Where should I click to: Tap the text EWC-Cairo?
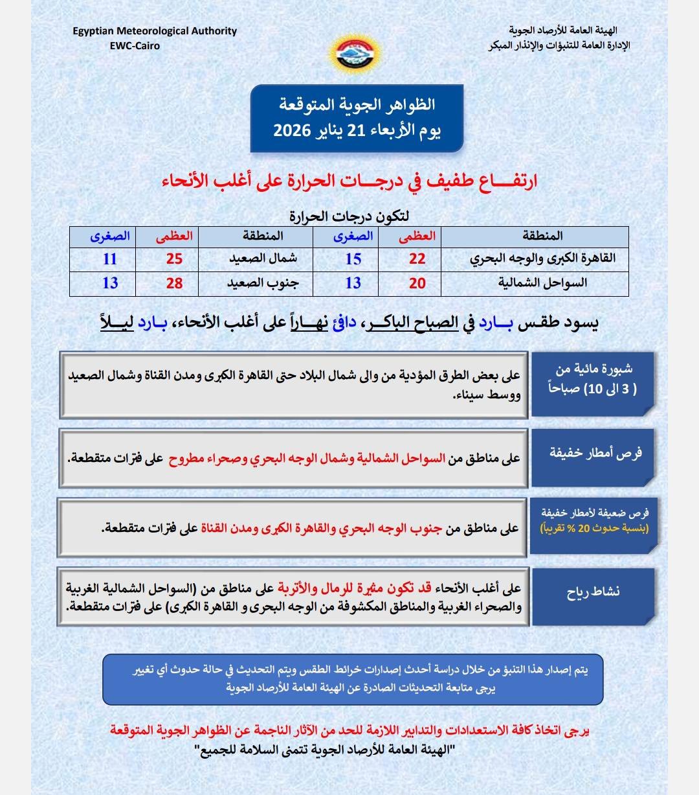point(135,45)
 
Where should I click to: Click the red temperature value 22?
point(417,259)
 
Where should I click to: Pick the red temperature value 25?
point(174,259)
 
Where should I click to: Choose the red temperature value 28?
point(174,283)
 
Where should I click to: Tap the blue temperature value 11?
point(110,259)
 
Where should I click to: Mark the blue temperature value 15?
point(353,259)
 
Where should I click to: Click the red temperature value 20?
point(417,283)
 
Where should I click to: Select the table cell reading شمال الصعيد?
point(263,259)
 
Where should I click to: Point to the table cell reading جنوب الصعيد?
point(263,283)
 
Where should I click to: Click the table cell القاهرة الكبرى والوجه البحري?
point(542,259)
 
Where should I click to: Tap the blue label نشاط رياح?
point(594,592)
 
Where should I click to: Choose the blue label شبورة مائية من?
point(594,369)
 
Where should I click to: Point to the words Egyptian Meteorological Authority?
point(155,31)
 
